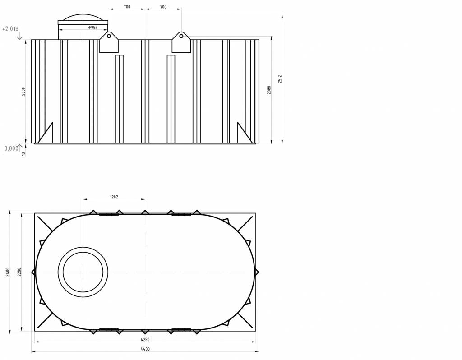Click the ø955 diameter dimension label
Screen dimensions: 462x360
coord(93,28)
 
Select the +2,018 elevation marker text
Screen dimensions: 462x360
coord(10,29)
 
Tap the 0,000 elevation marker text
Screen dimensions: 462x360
coord(11,148)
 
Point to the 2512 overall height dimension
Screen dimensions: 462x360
coord(280,79)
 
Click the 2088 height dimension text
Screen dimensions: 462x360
coord(269,90)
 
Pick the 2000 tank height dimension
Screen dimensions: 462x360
coord(23,91)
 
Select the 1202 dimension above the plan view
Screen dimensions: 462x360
coord(114,197)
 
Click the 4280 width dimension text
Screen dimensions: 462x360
coord(145,339)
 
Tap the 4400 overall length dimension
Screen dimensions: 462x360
coord(145,349)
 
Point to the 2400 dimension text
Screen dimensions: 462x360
coord(8,272)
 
